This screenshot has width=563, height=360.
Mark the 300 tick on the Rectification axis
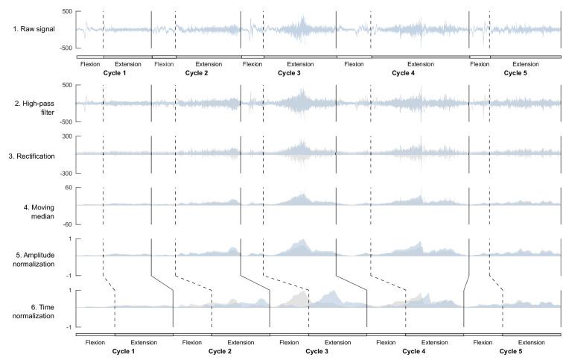click(66, 136)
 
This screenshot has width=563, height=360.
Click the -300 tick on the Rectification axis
click(65, 172)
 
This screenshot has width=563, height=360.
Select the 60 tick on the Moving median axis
click(68, 188)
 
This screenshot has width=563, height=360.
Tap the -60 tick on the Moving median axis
click(66, 224)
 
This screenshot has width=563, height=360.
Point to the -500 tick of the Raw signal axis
click(65, 48)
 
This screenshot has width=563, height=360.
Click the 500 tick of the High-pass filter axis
click(66, 85)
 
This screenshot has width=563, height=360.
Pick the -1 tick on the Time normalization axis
click(69, 327)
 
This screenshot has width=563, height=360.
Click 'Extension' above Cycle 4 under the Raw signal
click(420, 64)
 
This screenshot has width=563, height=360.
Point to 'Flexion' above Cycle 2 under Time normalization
click(191, 342)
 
